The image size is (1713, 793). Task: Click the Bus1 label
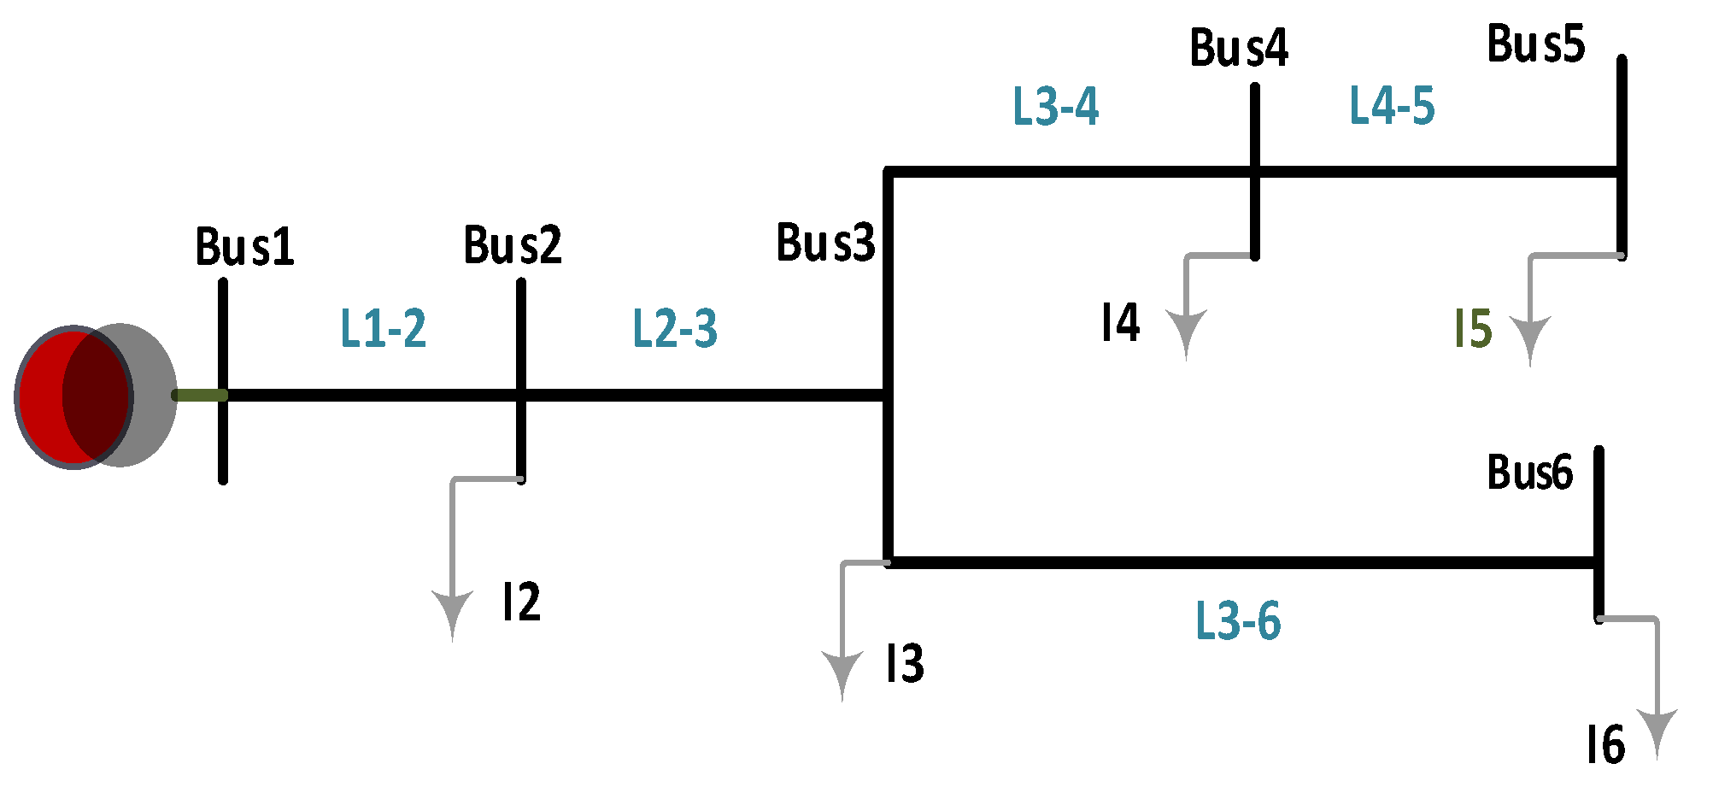pos(245,247)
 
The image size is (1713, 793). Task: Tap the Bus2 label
pos(513,245)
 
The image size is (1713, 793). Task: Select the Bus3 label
pos(825,243)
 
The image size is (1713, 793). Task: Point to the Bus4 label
pos(1239,48)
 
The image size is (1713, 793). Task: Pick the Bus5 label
pos(1535,44)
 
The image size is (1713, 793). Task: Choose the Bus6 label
pos(1529,473)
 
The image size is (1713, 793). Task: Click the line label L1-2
pos(383,328)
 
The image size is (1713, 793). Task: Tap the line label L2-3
pos(675,328)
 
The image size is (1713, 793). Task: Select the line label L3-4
pos(1055,107)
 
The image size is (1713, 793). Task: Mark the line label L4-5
pos(1392,106)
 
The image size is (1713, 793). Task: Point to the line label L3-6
pos(1237,620)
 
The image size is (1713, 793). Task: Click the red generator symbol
pos(75,397)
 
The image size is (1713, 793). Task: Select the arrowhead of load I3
pos(842,673)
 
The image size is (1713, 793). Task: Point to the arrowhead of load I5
pos(1529,338)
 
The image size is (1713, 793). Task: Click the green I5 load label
pos(1473,329)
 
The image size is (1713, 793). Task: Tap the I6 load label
pos(1604,745)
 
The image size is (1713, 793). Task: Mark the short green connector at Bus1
pos(199,395)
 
